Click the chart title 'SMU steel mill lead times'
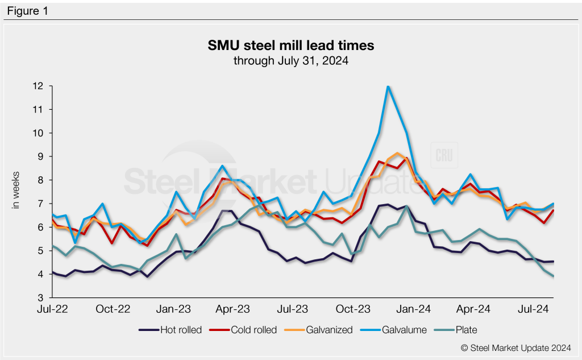(x=290, y=45)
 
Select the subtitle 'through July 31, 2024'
(x=290, y=60)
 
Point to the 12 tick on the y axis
(x=39, y=86)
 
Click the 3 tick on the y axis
(x=41, y=297)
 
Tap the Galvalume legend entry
(x=398, y=330)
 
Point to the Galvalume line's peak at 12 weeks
(x=388, y=86)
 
